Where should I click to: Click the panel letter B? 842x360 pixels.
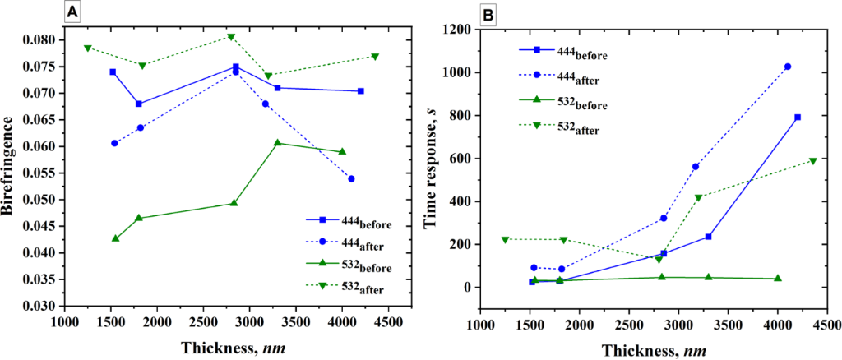pos(488,15)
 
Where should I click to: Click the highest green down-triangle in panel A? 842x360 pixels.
pos(231,37)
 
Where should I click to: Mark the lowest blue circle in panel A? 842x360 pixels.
pos(351,178)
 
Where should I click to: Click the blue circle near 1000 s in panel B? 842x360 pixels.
pos(788,67)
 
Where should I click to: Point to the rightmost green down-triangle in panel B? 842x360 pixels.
pos(813,161)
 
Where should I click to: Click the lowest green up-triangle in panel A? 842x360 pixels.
pos(115,238)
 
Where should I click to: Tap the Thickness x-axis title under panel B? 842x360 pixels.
pos(653,348)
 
